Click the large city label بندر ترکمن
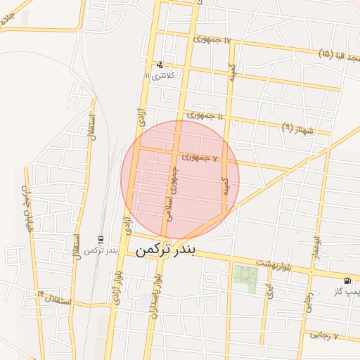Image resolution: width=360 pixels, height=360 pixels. [167, 250]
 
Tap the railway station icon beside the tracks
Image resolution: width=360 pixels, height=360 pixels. [101, 240]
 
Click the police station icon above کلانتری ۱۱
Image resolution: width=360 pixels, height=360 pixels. [160, 64]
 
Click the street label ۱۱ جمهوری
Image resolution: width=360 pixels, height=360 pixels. [205, 115]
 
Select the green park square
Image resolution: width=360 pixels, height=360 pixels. [245, 279]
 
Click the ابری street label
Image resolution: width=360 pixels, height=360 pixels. [269, 290]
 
